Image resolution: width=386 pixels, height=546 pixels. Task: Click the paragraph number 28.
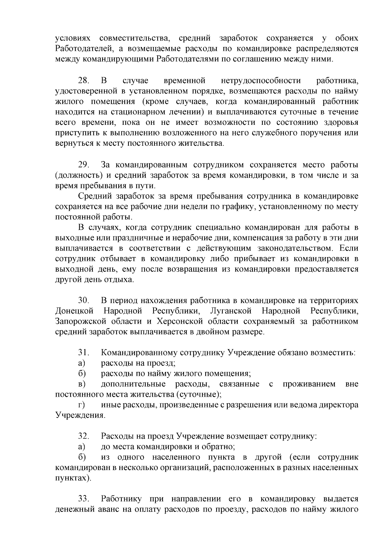[x=84, y=80]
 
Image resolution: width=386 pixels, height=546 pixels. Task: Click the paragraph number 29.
[x=84, y=165]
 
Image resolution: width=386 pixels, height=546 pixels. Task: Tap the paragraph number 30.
[x=84, y=301]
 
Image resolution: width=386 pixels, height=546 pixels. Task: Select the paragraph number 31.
[x=83, y=353]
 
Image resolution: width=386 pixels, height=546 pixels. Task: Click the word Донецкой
[x=74, y=311]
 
